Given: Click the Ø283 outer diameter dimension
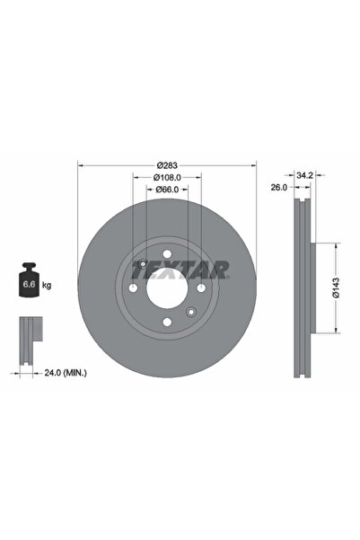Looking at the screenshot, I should [167, 164].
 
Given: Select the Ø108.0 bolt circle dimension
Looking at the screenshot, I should [167, 177].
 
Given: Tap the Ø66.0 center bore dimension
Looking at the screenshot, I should [167, 190].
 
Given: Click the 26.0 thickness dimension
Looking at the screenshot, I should [278, 188].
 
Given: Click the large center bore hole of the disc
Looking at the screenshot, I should [167, 288].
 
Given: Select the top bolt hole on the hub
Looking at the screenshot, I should [167, 254].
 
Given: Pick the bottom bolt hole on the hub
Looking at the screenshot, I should [167, 323].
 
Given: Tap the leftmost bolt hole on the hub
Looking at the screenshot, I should [133, 288].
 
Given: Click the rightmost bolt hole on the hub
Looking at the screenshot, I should [201, 288].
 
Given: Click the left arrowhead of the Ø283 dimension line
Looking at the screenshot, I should [82, 164].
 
